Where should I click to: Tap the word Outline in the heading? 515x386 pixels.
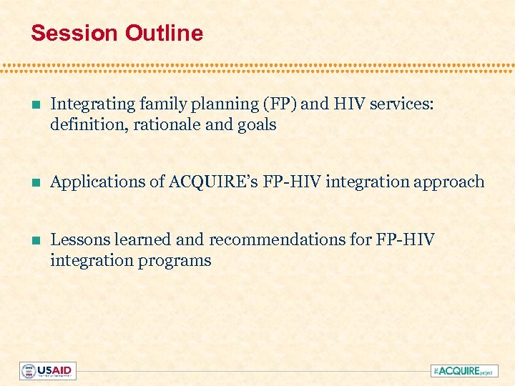(164, 33)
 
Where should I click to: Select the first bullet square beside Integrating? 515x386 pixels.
(36, 104)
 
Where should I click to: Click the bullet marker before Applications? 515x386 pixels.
(36, 182)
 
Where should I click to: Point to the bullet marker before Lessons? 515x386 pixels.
(36, 240)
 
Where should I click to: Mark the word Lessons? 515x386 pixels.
(77, 239)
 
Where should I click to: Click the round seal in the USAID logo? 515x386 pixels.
(29, 371)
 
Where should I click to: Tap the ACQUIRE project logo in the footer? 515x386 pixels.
(463, 371)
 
